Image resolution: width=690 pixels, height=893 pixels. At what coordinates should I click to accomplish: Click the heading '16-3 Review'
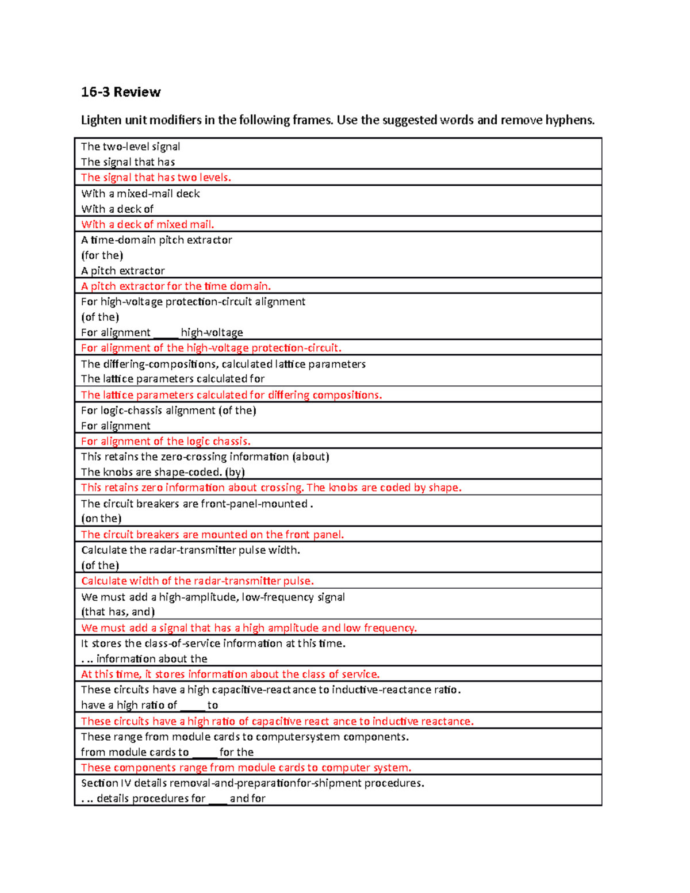click(121, 92)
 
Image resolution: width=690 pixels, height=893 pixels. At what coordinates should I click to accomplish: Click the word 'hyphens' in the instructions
click(570, 120)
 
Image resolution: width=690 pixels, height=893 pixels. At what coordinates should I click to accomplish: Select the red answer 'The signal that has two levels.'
click(156, 178)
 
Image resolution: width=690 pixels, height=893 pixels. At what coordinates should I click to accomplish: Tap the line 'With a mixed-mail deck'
click(140, 194)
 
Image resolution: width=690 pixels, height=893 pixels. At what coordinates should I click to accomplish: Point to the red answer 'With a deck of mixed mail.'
click(147, 225)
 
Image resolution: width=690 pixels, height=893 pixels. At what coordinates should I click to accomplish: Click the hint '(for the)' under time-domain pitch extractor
click(102, 255)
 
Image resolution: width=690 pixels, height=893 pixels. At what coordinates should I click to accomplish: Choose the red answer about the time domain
click(175, 286)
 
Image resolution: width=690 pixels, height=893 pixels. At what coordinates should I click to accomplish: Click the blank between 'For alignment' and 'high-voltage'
click(166, 333)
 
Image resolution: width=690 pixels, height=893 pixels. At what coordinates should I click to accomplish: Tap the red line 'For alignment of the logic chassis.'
click(166, 442)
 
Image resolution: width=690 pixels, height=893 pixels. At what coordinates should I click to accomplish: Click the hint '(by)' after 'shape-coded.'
click(235, 472)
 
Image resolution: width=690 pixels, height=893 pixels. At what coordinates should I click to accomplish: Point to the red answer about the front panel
click(212, 535)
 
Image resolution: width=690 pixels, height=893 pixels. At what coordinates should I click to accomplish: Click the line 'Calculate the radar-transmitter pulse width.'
click(190, 550)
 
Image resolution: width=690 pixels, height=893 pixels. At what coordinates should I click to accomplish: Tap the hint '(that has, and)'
click(118, 612)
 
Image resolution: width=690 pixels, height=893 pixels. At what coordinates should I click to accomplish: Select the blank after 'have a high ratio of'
click(192, 706)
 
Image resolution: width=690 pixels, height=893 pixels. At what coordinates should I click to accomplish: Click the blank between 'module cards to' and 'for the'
click(204, 753)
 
